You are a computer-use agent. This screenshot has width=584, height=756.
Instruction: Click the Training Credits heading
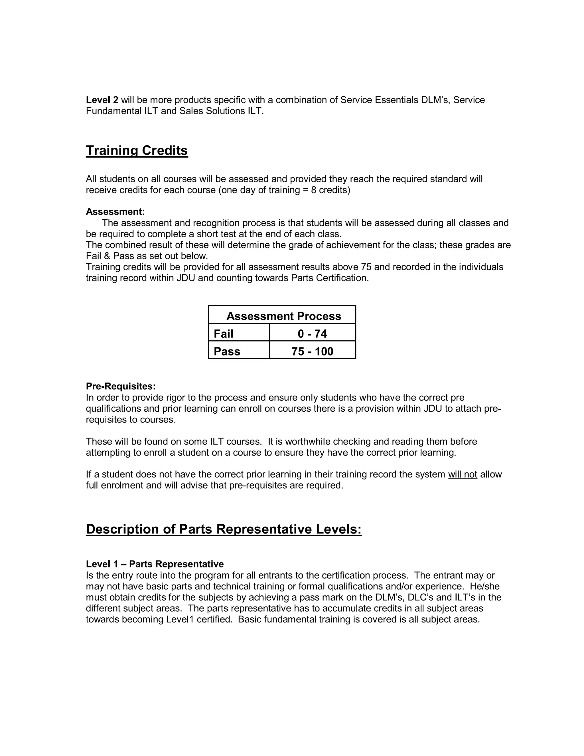tap(137, 151)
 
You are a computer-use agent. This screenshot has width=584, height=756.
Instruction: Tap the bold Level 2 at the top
tap(102, 100)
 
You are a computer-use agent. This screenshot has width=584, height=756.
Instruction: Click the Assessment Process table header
tap(283, 316)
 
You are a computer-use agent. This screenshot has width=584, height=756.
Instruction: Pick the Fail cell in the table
tap(224, 334)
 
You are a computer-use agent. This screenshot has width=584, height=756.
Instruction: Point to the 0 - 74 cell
tap(312, 334)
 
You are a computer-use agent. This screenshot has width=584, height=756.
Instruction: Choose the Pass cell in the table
tap(227, 351)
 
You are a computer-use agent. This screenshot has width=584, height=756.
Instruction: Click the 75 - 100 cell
tap(312, 351)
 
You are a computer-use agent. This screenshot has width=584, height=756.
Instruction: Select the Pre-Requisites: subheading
tap(121, 386)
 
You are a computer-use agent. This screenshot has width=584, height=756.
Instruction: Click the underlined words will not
tap(463, 475)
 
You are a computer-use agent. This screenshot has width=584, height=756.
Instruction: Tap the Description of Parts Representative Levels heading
tap(224, 529)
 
